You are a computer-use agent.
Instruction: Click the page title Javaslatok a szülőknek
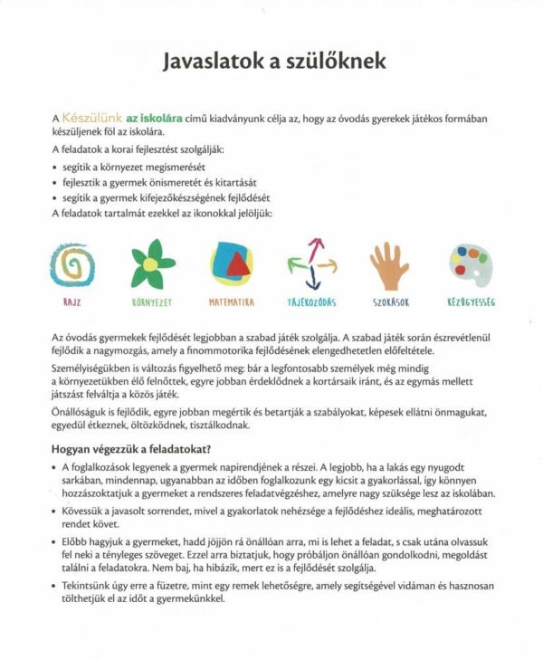(273, 62)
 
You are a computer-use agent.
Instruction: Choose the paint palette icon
(471, 263)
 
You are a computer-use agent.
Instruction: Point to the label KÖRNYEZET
(151, 302)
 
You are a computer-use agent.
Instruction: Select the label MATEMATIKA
(232, 302)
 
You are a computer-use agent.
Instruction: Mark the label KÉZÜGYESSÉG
(471, 302)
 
